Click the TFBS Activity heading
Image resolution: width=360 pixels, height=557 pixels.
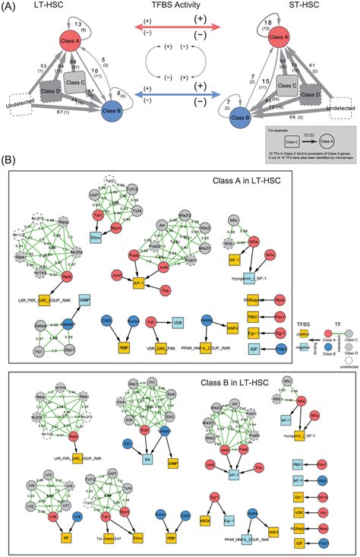(x=180, y=8)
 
